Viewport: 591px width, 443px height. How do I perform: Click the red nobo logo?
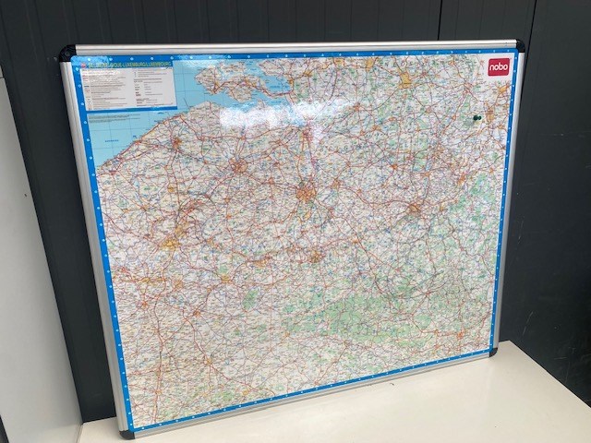(499, 66)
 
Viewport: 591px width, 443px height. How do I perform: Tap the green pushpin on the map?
(477, 119)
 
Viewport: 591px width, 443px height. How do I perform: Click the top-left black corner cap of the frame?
(67, 54)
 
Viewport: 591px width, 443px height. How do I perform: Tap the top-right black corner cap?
(519, 45)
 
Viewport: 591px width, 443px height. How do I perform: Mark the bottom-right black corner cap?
(493, 351)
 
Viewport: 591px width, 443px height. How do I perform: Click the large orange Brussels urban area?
(306, 193)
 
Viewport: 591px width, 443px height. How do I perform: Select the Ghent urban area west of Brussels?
(239, 167)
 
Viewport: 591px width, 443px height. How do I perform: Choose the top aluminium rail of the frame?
(295, 46)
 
